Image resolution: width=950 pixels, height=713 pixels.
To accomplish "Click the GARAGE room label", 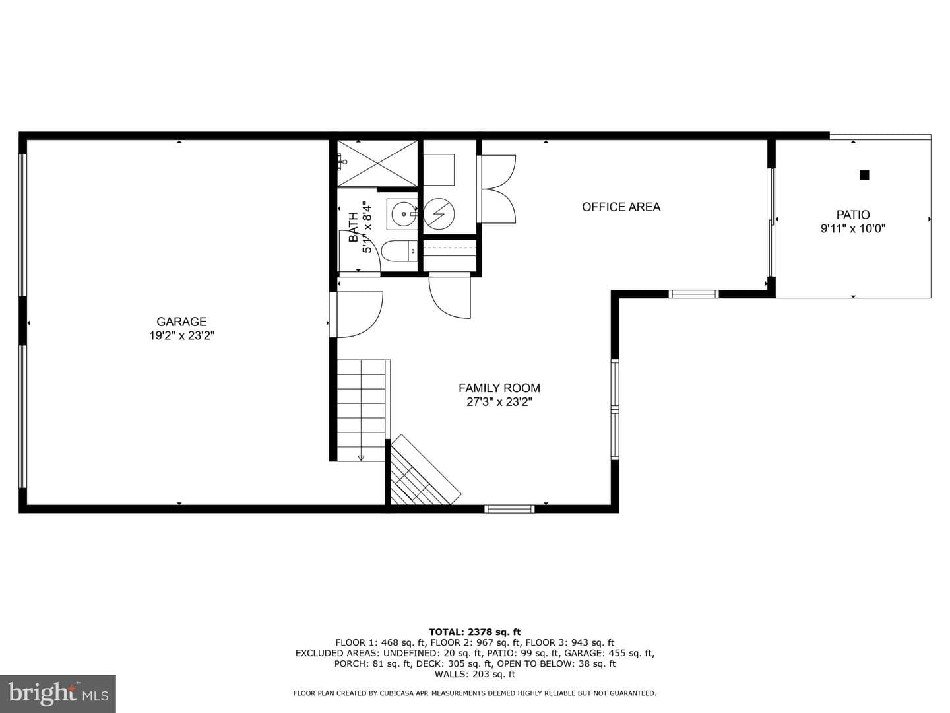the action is click(x=181, y=322).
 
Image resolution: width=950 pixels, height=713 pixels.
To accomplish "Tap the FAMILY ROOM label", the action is click(x=499, y=388).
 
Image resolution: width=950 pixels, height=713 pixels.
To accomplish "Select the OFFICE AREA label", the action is click(x=621, y=207).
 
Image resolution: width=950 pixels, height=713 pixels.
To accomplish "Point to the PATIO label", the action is click(x=852, y=215).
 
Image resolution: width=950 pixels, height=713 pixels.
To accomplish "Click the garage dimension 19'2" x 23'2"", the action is click(x=182, y=335).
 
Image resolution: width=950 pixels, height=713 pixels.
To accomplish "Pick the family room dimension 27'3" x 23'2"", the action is click(x=499, y=402).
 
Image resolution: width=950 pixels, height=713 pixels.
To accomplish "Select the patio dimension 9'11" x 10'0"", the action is click(x=852, y=228).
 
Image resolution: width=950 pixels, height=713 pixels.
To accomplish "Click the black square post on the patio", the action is click(x=864, y=175).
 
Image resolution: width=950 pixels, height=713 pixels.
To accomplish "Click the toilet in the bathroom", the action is click(x=399, y=252).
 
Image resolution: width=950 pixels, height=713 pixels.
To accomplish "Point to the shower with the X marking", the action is click(x=377, y=163).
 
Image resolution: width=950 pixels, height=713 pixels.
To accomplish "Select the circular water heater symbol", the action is click(x=439, y=214).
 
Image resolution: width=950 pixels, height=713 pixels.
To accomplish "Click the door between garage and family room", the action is click(x=356, y=315).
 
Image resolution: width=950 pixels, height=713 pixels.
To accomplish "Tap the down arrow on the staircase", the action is click(x=361, y=458).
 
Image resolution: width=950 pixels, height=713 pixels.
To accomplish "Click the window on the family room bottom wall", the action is click(x=509, y=509).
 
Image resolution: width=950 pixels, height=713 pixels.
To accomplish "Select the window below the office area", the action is click(x=694, y=294).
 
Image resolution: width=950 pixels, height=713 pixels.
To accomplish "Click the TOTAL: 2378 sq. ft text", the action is click(x=475, y=632).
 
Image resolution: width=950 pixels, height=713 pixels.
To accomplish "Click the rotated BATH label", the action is click(x=354, y=227).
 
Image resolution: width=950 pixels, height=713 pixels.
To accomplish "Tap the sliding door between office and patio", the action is click(x=771, y=222).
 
